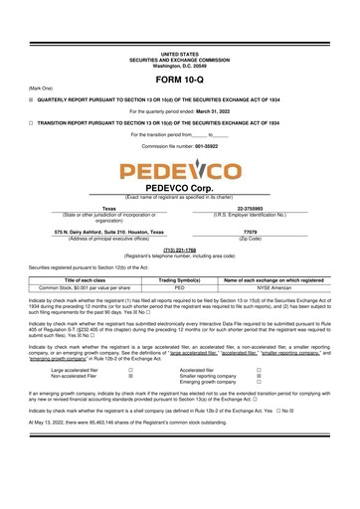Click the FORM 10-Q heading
[x=179, y=80]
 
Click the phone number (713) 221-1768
[x=179, y=250]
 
